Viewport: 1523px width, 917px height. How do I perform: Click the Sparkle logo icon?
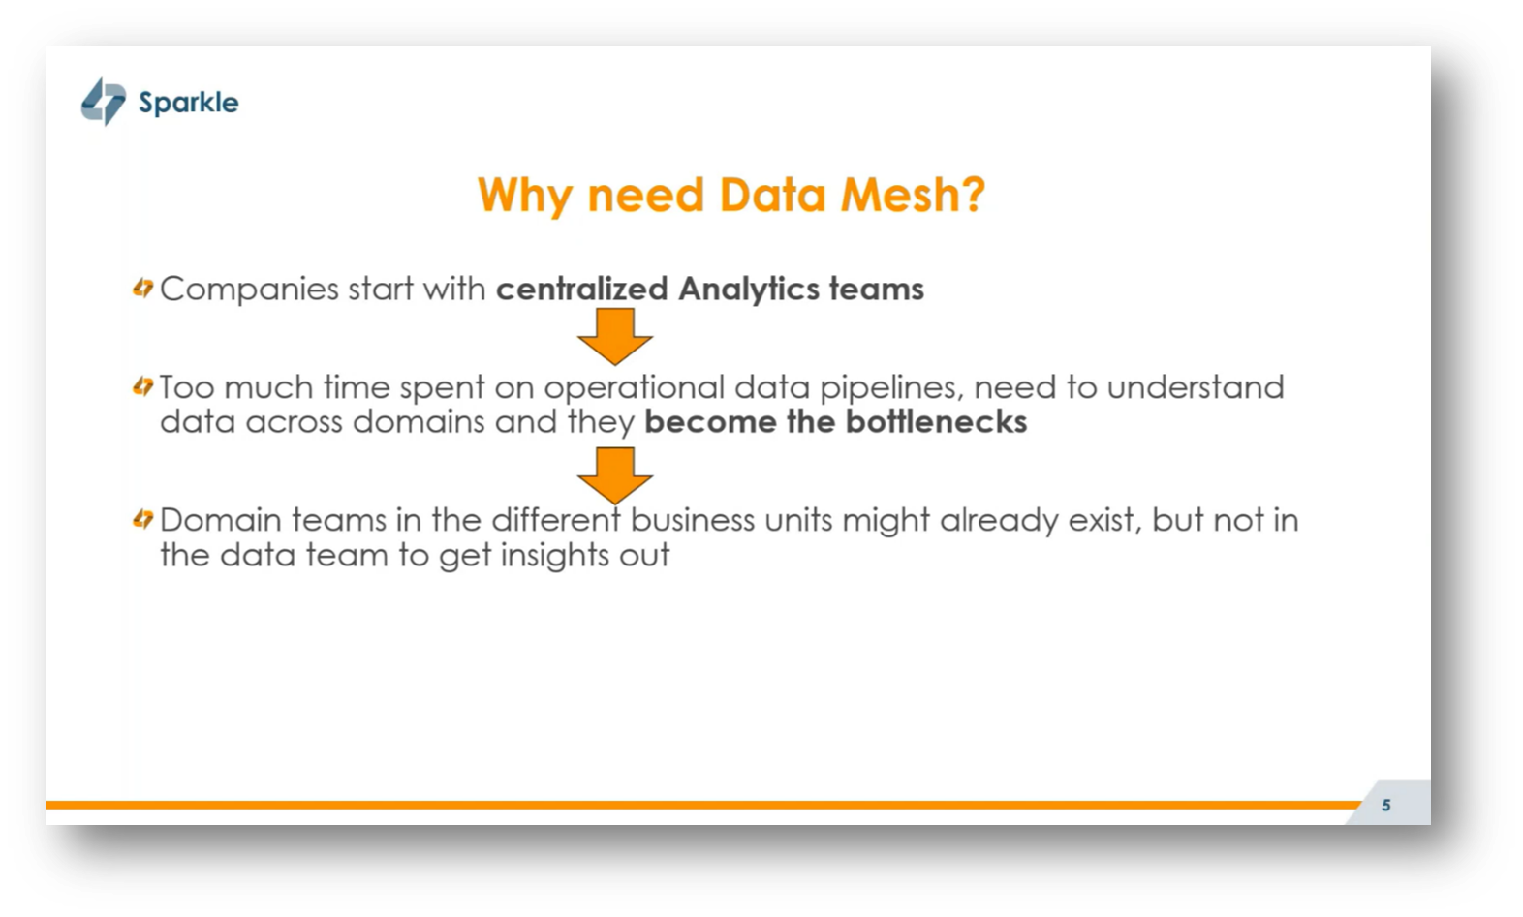[103, 102]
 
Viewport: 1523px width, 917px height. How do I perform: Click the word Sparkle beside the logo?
[188, 103]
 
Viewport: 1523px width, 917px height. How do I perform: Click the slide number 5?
[1386, 805]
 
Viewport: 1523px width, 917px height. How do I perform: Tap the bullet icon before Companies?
[143, 289]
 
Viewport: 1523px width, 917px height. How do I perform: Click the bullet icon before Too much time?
[143, 387]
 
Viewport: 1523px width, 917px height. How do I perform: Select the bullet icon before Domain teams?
[143, 520]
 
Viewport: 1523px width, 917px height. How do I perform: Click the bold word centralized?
[581, 289]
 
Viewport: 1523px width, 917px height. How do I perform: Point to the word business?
[693, 520]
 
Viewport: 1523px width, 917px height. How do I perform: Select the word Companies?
[249, 290]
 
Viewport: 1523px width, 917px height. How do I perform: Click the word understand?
[1195, 387]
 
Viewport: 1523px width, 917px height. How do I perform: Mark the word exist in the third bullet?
[1103, 520]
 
